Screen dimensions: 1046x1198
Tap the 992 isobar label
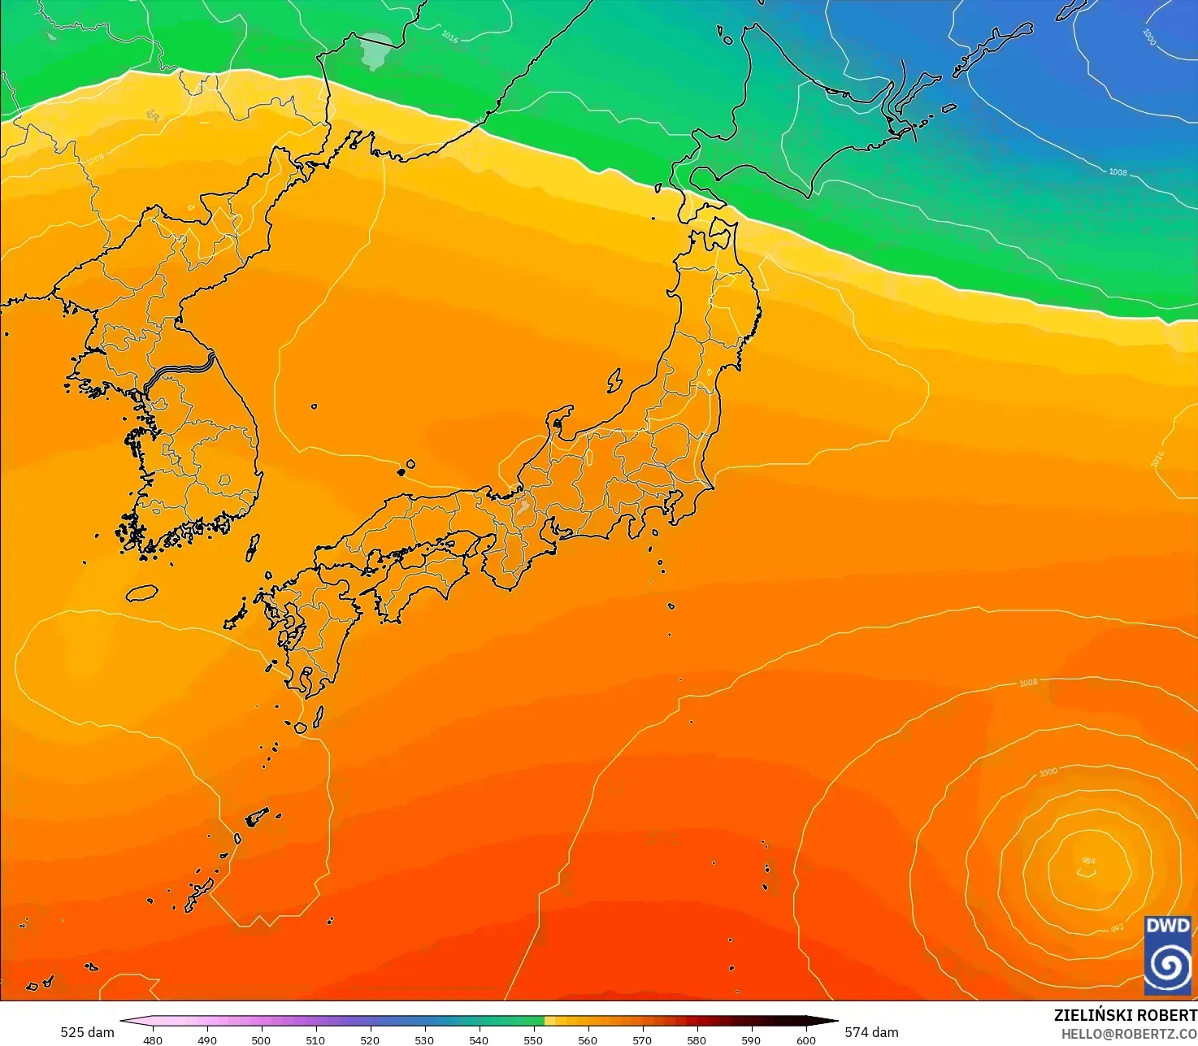tap(1117, 928)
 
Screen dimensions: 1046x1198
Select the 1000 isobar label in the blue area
tap(1148, 37)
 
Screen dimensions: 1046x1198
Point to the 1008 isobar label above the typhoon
tap(1028, 683)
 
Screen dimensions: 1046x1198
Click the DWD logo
tap(1168, 956)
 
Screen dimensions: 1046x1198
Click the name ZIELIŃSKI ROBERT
tap(1125, 1016)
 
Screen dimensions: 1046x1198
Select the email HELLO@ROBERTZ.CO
tap(1129, 1034)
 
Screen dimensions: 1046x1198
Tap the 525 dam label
tap(87, 1032)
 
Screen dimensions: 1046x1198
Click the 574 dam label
tap(871, 1032)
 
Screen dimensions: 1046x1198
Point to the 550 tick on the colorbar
tap(533, 1039)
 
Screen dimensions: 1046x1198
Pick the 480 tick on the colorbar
tap(152, 1039)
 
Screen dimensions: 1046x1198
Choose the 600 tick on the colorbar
tap(805, 1039)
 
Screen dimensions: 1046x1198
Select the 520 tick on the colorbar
tap(370, 1039)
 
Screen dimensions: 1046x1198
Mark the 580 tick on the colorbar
tap(697, 1039)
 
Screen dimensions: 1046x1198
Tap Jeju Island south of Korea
tap(141, 593)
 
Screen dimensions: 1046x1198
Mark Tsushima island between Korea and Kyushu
tap(253, 548)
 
